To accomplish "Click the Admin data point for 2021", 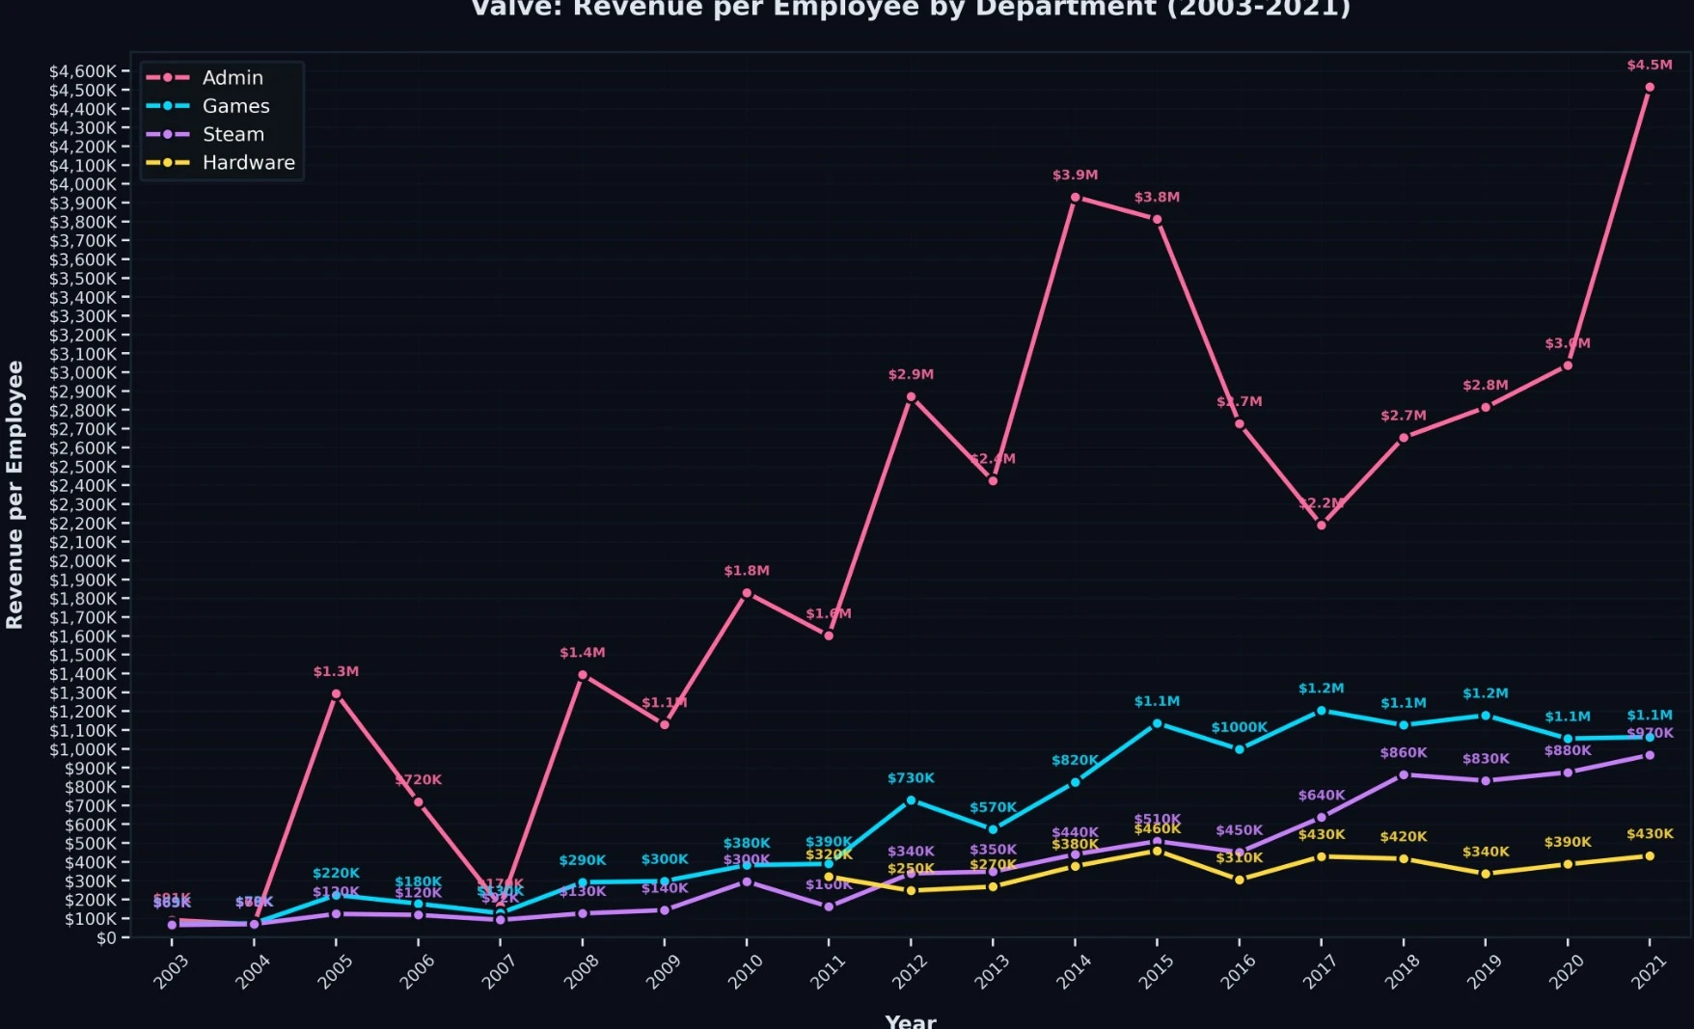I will pyautogui.click(x=1650, y=88).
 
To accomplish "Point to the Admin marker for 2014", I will pyautogui.click(x=1075, y=198).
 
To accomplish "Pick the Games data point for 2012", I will pyautogui.click(x=911, y=800).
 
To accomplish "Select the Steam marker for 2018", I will pyautogui.click(x=1404, y=774).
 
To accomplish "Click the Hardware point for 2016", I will pyautogui.click(x=1240, y=880).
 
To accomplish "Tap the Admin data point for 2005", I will pyautogui.click(x=336, y=693).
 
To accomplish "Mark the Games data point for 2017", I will pyautogui.click(x=1322, y=711).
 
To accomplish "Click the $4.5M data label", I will pyautogui.click(x=1650, y=66).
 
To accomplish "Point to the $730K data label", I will pyautogui.click(x=911, y=778).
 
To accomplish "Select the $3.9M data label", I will pyautogui.click(x=1075, y=176).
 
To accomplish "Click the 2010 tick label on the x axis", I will pyautogui.click(x=745, y=971).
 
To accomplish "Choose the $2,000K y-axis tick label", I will pyautogui.click(x=83, y=561).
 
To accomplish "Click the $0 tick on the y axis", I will pyautogui.click(x=106, y=937).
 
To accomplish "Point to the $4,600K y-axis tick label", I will pyautogui.click(x=83, y=71).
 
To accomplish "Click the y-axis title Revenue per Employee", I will pyautogui.click(x=14, y=495).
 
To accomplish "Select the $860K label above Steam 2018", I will pyautogui.click(x=1404, y=753).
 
